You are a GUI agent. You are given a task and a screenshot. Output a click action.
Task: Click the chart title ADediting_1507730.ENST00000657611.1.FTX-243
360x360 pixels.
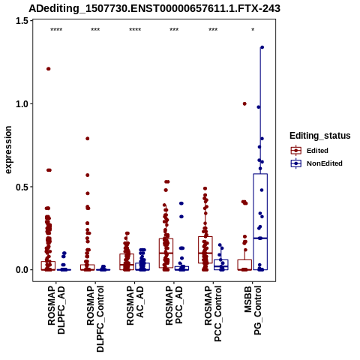tap(154, 8)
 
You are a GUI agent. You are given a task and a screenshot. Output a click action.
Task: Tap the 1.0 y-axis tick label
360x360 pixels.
tap(21, 104)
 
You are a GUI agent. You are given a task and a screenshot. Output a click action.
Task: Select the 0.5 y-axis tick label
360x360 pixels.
tap(21, 187)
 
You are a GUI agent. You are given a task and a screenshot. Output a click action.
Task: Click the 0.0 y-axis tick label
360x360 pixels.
tap(21, 270)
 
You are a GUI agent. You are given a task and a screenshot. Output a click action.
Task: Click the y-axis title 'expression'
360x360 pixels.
tap(8, 150)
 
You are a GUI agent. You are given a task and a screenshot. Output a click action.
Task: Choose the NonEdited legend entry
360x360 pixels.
tap(316, 163)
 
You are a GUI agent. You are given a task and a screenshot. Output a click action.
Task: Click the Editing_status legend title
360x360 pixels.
tap(320, 136)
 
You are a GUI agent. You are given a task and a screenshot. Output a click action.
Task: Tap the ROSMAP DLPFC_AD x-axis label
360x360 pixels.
tap(56, 310)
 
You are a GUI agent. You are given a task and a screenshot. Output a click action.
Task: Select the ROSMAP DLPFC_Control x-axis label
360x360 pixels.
tap(95, 319)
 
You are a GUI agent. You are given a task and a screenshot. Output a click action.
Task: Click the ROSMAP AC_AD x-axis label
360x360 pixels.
tap(135, 305)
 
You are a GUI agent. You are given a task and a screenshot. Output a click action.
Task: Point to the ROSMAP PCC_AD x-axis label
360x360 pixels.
tap(174, 305)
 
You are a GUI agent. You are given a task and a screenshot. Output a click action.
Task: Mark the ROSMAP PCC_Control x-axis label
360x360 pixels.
tap(213, 313)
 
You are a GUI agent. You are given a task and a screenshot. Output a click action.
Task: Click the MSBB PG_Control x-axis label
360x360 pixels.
tap(253, 310)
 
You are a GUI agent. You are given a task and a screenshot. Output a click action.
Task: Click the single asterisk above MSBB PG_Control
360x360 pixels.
tap(253, 30)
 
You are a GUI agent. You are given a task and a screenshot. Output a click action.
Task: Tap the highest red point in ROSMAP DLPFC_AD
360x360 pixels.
tap(49, 69)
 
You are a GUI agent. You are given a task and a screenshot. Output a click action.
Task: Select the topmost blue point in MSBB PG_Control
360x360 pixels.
tap(262, 47)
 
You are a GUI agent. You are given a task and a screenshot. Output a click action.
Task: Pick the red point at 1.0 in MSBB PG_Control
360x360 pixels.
tap(244, 103)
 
